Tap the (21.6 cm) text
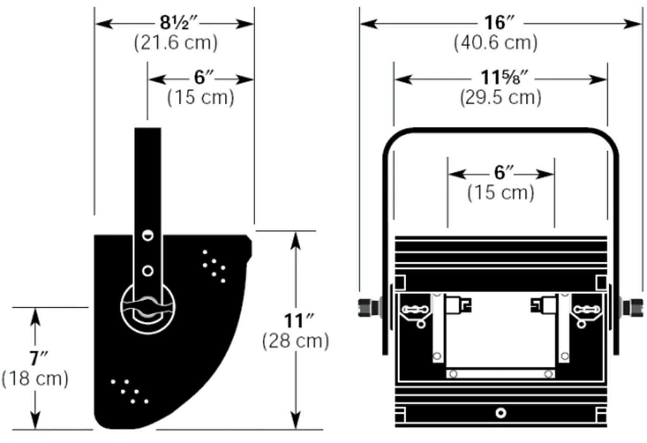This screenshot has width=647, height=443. pos(176,43)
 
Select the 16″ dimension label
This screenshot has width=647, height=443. pos(499,22)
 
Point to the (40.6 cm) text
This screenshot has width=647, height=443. pos(496,43)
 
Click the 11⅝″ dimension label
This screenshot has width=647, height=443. pos(504,77)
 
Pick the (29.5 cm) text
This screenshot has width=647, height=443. pos(500,98)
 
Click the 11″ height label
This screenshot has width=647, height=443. pos(299,320)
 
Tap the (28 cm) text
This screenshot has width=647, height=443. pos(295,341)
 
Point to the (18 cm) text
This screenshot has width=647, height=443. pos(35,379)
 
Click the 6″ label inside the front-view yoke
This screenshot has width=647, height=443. pos(504,173)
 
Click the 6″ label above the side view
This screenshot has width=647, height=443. pos(204,77)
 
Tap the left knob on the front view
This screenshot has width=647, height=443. pos(368,308)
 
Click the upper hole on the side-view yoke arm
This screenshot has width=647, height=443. pos(148,235)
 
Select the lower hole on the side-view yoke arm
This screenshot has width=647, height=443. pos(148,271)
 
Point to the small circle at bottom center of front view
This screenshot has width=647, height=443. pos(500,413)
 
